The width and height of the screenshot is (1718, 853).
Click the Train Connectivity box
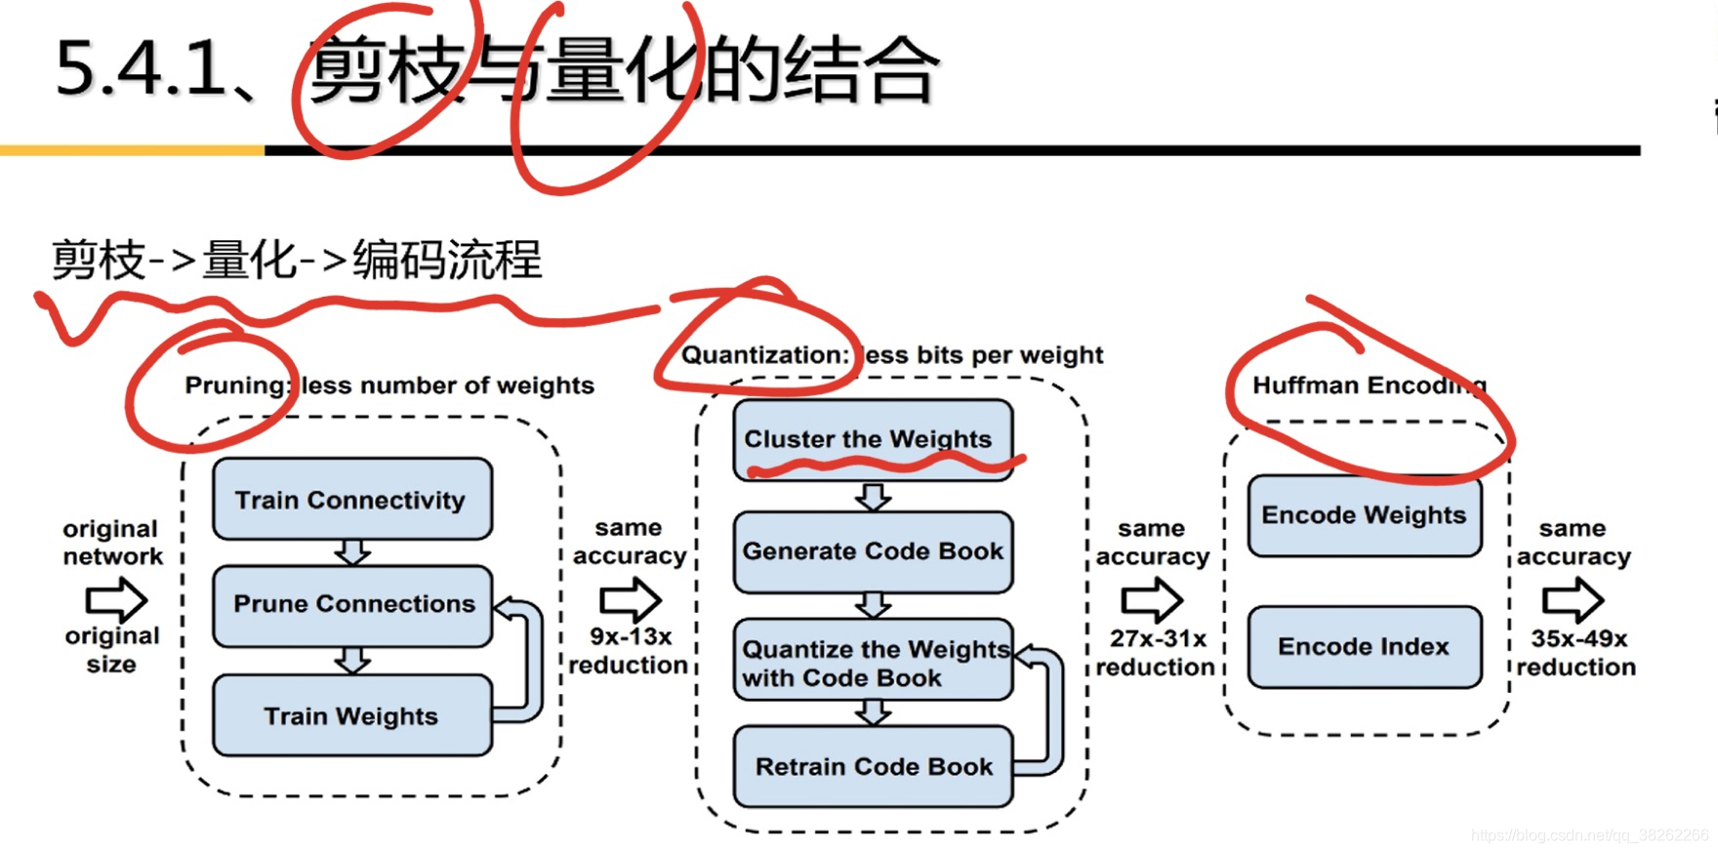point(351,500)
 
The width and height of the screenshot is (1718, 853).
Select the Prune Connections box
point(352,605)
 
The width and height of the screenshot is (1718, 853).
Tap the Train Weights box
point(351,716)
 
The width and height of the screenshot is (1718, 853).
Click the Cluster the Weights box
point(872,439)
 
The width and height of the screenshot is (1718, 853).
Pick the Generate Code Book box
point(873,551)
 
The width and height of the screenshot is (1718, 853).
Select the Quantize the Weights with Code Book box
point(873,663)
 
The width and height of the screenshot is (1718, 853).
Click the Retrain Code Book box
point(873,767)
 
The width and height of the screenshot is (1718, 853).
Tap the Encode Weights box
point(1364,515)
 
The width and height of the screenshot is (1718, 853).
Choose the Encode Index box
point(1364,646)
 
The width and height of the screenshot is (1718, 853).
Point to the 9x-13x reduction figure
point(630,651)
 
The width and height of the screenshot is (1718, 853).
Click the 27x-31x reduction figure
point(1156,653)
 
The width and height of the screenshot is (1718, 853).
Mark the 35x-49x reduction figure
point(1576,653)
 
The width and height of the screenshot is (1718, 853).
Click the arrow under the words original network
point(116,598)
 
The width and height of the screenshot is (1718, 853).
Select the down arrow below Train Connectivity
point(352,552)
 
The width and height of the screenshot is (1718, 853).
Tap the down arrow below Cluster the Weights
point(873,497)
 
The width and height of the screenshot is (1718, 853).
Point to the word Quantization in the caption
point(763,355)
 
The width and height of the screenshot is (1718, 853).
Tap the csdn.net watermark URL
point(1588,835)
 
